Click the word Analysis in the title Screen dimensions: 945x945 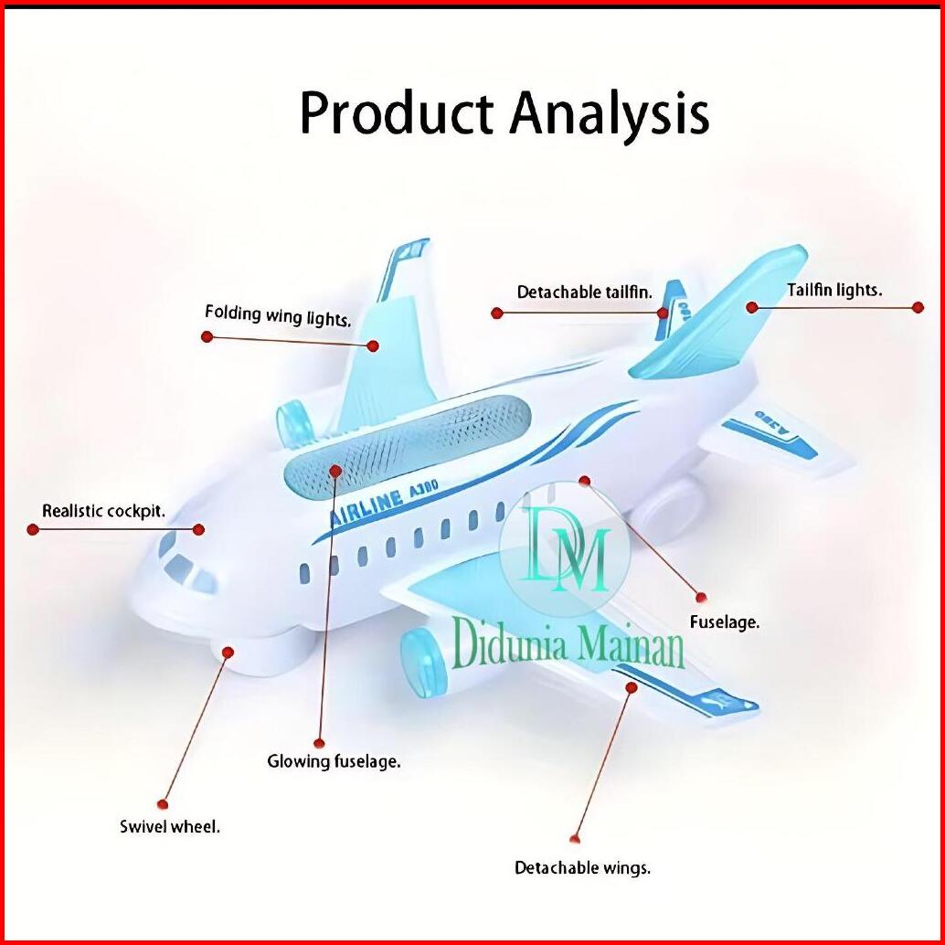[x=609, y=115]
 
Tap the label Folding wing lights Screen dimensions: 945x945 [x=278, y=316]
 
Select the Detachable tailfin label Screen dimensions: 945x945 [x=585, y=292]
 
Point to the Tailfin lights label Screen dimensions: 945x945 [x=834, y=291]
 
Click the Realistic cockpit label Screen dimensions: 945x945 [x=104, y=511]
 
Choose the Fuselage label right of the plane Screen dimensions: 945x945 [x=725, y=622]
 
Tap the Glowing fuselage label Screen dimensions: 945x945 [x=334, y=760]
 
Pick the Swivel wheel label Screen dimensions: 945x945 [x=170, y=827]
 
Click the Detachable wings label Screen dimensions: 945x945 [x=582, y=867]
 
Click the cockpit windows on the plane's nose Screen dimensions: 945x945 [x=186, y=563]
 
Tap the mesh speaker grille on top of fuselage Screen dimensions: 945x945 [x=407, y=444]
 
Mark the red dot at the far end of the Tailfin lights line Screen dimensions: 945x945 [x=918, y=308]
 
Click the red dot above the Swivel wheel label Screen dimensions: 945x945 [x=163, y=804]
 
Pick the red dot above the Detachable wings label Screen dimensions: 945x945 [x=575, y=838]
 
